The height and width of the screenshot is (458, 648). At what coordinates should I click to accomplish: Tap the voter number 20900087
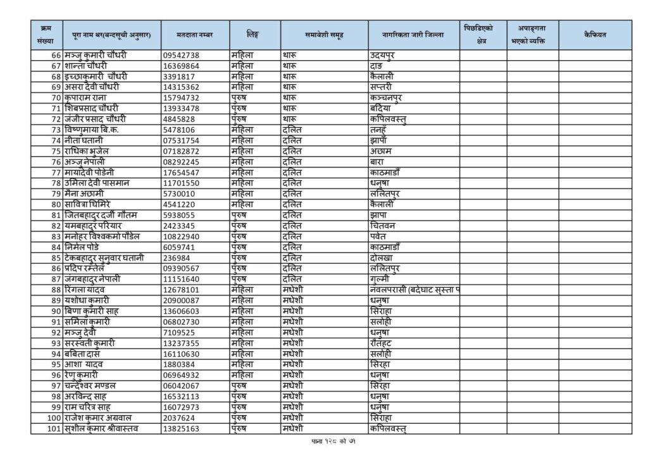(181, 300)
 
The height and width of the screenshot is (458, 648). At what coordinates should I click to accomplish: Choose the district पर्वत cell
(379, 236)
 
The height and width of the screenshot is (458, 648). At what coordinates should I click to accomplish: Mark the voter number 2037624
(178, 418)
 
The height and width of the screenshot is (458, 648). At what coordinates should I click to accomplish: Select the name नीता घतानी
(88, 140)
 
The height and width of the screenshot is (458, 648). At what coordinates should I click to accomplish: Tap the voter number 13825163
(181, 429)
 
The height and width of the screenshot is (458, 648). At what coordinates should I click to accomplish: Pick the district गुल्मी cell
(381, 279)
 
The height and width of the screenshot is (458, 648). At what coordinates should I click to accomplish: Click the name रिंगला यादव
(87, 290)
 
